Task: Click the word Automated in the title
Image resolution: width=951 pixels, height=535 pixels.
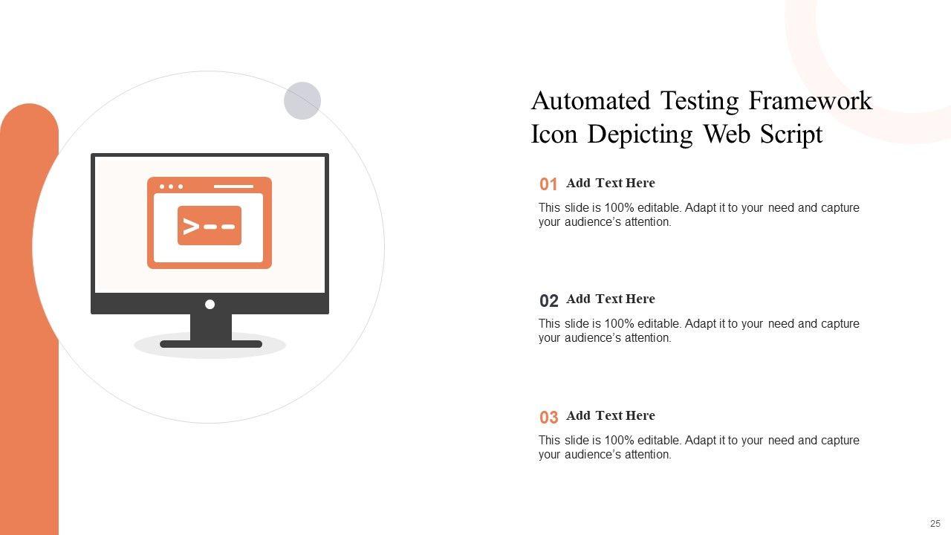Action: point(591,100)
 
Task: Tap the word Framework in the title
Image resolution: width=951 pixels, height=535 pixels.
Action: point(810,100)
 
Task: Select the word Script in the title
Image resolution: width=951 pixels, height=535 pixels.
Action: point(791,135)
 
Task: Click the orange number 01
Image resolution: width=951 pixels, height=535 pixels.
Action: point(548,184)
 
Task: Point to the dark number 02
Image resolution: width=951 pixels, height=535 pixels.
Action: point(548,301)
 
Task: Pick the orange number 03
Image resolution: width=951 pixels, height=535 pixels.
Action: point(548,418)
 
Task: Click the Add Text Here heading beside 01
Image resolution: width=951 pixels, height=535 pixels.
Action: point(611,183)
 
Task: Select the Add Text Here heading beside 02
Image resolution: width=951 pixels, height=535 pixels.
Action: point(611,299)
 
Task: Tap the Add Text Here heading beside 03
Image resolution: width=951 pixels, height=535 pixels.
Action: point(611,415)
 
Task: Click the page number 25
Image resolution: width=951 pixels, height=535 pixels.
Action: point(935,523)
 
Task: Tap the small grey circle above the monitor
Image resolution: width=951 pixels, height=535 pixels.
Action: point(302,100)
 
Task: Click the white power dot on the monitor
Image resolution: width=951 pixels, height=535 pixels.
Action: point(210,304)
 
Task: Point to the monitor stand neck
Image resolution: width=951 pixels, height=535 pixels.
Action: point(211,327)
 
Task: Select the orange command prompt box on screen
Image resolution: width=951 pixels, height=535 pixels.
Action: point(210,225)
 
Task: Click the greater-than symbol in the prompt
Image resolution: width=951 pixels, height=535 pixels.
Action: point(191,226)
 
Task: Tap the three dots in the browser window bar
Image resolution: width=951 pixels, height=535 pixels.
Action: point(171,187)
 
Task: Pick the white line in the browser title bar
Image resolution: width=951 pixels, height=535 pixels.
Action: point(233,187)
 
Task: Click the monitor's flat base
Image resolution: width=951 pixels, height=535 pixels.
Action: point(211,344)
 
